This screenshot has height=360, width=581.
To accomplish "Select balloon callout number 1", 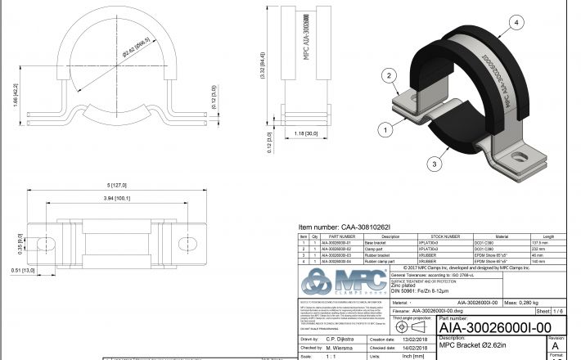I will pos(381,128).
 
